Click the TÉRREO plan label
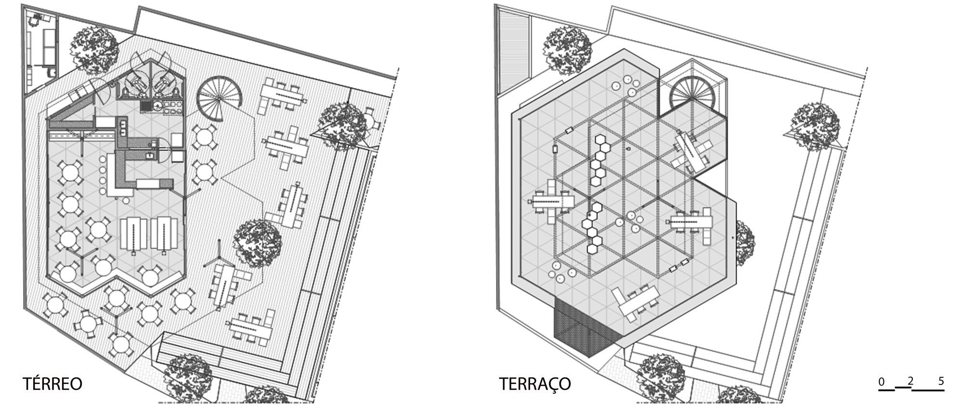coord(52,384)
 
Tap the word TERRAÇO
coord(534,384)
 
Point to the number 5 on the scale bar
coord(941,382)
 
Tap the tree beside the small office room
coord(94,50)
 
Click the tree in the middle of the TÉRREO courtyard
coord(258,243)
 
